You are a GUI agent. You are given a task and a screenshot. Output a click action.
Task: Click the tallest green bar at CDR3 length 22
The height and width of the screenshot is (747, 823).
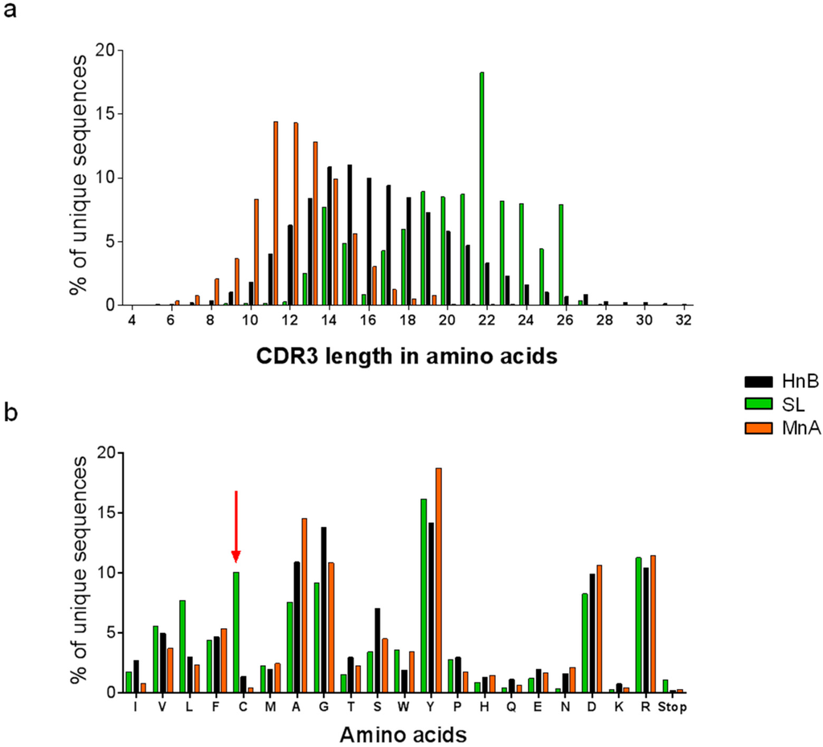[x=481, y=189]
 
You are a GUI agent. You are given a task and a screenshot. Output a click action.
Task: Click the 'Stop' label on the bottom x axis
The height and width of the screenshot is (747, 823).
[x=674, y=706]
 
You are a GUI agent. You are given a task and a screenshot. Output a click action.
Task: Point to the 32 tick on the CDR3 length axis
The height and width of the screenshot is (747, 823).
[x=684, y=320]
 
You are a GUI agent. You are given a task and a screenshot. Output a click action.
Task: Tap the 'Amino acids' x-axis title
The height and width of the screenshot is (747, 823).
[x=402, y=733]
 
